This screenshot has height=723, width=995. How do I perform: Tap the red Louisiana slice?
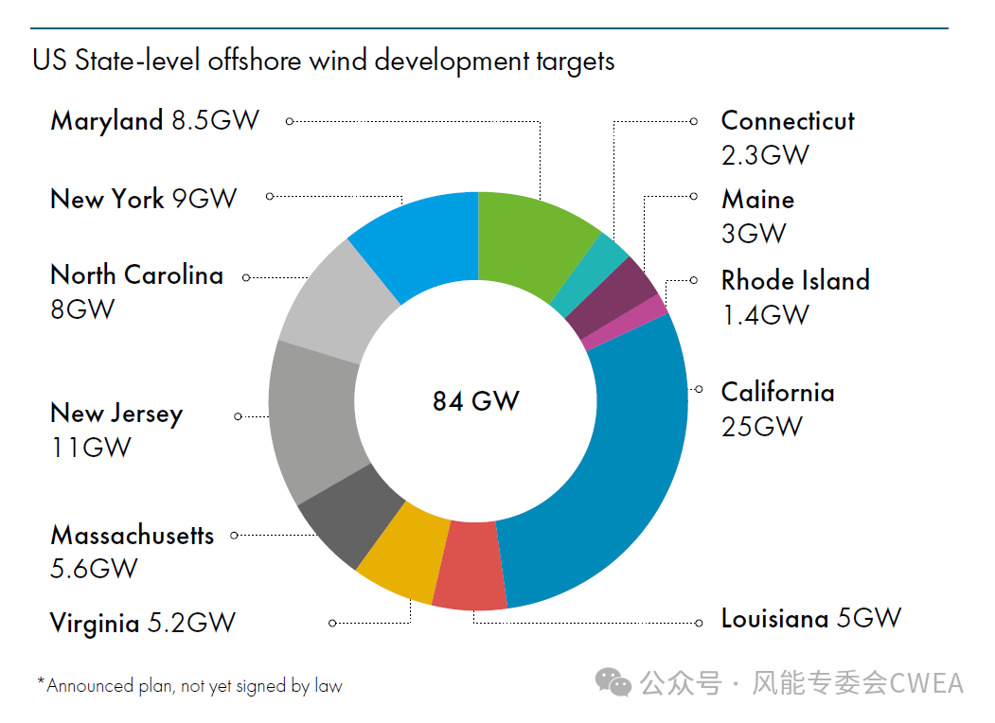click(471, 564)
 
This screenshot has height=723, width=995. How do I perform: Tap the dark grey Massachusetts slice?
click(352, 515)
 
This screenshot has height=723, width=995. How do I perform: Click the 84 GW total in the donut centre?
click(476, 401)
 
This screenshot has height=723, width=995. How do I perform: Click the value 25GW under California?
click(761, 427)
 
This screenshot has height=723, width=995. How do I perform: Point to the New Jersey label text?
click(116, 414)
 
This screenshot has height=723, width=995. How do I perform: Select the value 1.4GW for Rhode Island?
click(765, 314)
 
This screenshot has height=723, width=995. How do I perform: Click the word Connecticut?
click(788, 120)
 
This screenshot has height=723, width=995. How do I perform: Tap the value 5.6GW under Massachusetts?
click(94, 569)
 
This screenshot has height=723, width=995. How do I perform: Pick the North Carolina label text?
click(137, 274)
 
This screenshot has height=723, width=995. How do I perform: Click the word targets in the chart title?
click(575, 62)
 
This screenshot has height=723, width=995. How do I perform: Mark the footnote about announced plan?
click(189, 685)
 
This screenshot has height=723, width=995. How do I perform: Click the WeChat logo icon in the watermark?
click(613, 682)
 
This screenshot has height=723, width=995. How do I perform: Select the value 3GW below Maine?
click(754, 234)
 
